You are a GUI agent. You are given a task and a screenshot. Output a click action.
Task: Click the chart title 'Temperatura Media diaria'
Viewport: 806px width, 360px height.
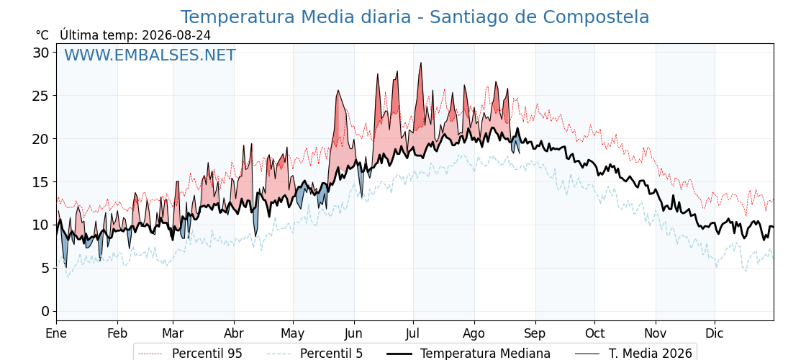click(296, 17)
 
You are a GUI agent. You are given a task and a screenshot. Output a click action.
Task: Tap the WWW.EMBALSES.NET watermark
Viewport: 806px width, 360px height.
click(150, 55)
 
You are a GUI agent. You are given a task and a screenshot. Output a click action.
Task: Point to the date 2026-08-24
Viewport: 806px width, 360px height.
click(176, 35)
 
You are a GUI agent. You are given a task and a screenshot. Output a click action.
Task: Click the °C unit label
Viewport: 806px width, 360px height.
click(42, 35)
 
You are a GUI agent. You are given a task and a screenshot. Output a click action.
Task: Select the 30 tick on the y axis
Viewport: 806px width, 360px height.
click(42, 53)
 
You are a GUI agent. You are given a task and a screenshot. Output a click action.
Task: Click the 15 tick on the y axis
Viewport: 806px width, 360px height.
click(42, 182)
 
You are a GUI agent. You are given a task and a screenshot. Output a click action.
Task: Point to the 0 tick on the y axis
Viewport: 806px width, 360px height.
click(46, 311)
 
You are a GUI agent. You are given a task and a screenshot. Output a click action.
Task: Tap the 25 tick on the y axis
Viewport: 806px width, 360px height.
click(42, 96)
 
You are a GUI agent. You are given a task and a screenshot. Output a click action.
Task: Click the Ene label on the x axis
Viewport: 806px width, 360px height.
click(57, 333)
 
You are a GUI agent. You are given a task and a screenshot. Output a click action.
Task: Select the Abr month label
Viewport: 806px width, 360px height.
click(234, 333)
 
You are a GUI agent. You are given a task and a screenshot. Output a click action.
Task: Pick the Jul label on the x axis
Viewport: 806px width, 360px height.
click(413, 333)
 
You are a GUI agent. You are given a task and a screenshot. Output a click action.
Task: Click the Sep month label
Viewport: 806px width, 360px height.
click(535, 334)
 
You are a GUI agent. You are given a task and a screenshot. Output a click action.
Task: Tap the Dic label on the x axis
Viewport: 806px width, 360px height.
click(715, 333)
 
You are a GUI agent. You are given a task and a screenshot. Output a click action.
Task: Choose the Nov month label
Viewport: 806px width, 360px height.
click(656, 333)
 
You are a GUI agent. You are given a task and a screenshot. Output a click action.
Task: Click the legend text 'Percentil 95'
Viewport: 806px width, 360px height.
click(207, 354)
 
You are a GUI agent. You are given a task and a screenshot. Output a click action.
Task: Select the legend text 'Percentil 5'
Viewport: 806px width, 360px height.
click(332, 354)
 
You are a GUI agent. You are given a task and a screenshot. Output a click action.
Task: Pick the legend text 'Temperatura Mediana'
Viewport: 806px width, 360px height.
click(485, 354)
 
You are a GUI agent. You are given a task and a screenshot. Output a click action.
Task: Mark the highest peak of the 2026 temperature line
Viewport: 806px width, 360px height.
click(420, 63)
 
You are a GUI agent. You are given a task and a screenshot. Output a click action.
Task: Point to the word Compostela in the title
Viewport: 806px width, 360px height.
click(591, 18)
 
